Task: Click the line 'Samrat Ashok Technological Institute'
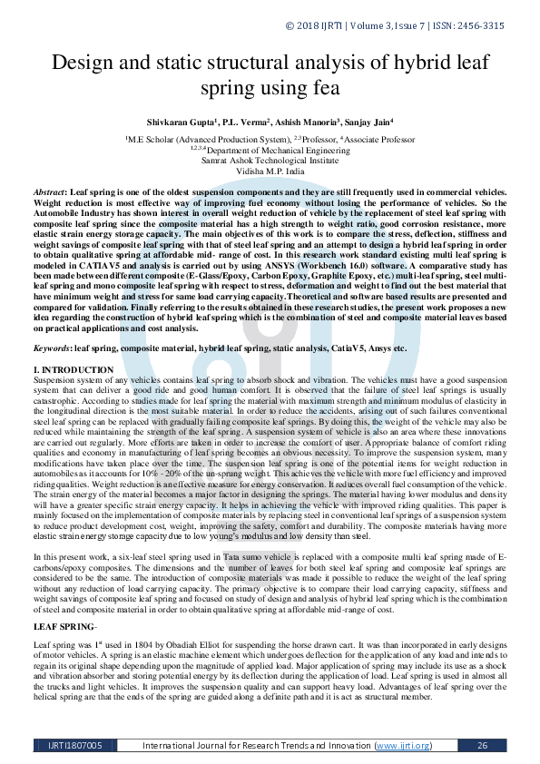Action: point(270,159)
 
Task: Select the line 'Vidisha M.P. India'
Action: point(270,170)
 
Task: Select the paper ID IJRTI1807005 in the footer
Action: point(75,746)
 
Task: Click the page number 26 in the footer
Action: point(482,746)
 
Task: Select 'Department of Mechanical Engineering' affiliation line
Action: point(270,149)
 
